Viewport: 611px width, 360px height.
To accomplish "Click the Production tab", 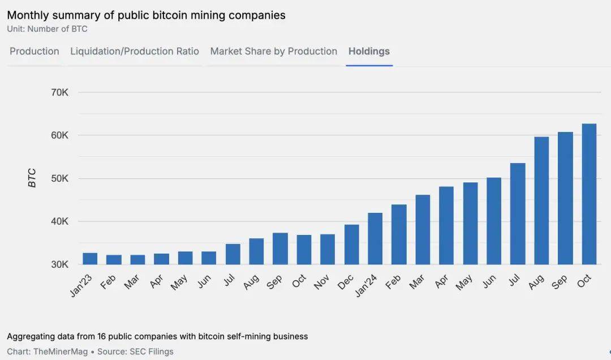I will tap(35, 52).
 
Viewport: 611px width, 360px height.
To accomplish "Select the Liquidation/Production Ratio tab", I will tap(135, 52).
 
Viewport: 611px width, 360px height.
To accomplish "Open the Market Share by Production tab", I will tap(273, 52).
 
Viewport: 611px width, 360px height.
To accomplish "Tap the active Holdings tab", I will tap(369, 52).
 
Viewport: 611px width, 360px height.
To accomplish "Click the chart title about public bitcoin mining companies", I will tap(146, 15).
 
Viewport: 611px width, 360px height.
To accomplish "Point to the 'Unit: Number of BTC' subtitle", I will tap(47, 29).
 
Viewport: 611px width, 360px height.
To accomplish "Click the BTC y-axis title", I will tap(32, 178).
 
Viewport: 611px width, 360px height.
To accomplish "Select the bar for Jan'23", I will tap(90, 259).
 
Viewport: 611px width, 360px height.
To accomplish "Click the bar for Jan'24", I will tap(375, 239).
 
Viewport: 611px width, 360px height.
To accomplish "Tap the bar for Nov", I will tap(328, 249).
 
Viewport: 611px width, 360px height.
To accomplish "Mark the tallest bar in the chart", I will tap(589, 194).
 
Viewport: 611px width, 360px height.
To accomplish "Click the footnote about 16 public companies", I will tap(157, 336).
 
